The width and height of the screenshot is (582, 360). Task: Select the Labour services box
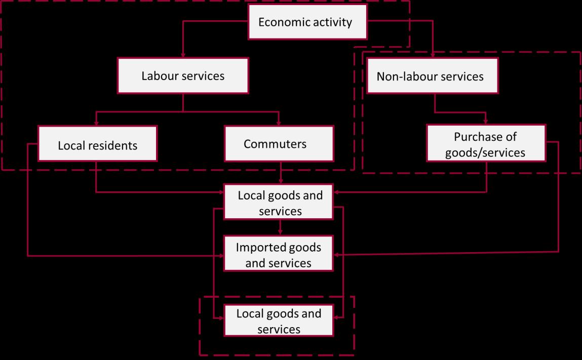(183, 76)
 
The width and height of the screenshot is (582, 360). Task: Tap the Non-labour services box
(431, 76)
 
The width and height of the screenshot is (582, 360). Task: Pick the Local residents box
(97, 144)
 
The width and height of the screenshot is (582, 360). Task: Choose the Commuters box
(279, 144)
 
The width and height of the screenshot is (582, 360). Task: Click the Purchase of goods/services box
(486, 144)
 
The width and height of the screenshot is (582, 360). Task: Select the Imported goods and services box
(279, 255)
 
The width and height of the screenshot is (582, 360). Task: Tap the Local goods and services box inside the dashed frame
(279, 321)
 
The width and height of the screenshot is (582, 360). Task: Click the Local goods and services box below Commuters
(279, 203)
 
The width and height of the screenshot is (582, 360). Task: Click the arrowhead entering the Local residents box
(97, 123)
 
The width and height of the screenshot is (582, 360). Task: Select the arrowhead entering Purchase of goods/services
(486, 122)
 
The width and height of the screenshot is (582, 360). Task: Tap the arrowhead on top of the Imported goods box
(279, 233)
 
